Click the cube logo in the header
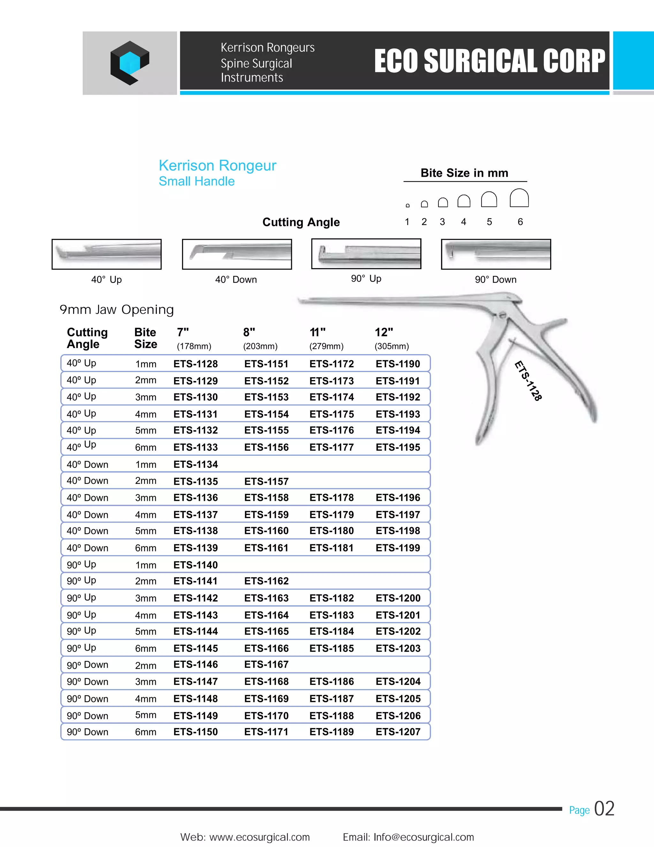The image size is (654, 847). (x=130, y=63)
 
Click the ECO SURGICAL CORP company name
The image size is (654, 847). (x=489, y=61)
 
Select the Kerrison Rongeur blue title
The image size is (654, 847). (x=217, y=166)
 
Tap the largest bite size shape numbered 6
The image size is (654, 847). (x=519, y=198)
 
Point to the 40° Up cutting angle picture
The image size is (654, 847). (x=107, y=254)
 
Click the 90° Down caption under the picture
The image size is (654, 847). (x=496, y=280)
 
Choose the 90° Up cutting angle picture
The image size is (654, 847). (x=366, y=254)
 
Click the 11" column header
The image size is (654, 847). (x=318, y=332)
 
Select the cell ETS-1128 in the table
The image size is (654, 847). (x=196, y=364)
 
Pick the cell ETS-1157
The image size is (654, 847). (x=266, y=481)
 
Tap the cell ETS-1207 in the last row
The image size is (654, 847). (x=398, y=732)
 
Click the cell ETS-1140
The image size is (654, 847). (x=196, y=565)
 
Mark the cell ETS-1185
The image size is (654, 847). (x=332, y=648)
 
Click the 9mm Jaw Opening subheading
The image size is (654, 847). (x=117, y=309)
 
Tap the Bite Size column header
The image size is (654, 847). (x=146, y=338)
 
